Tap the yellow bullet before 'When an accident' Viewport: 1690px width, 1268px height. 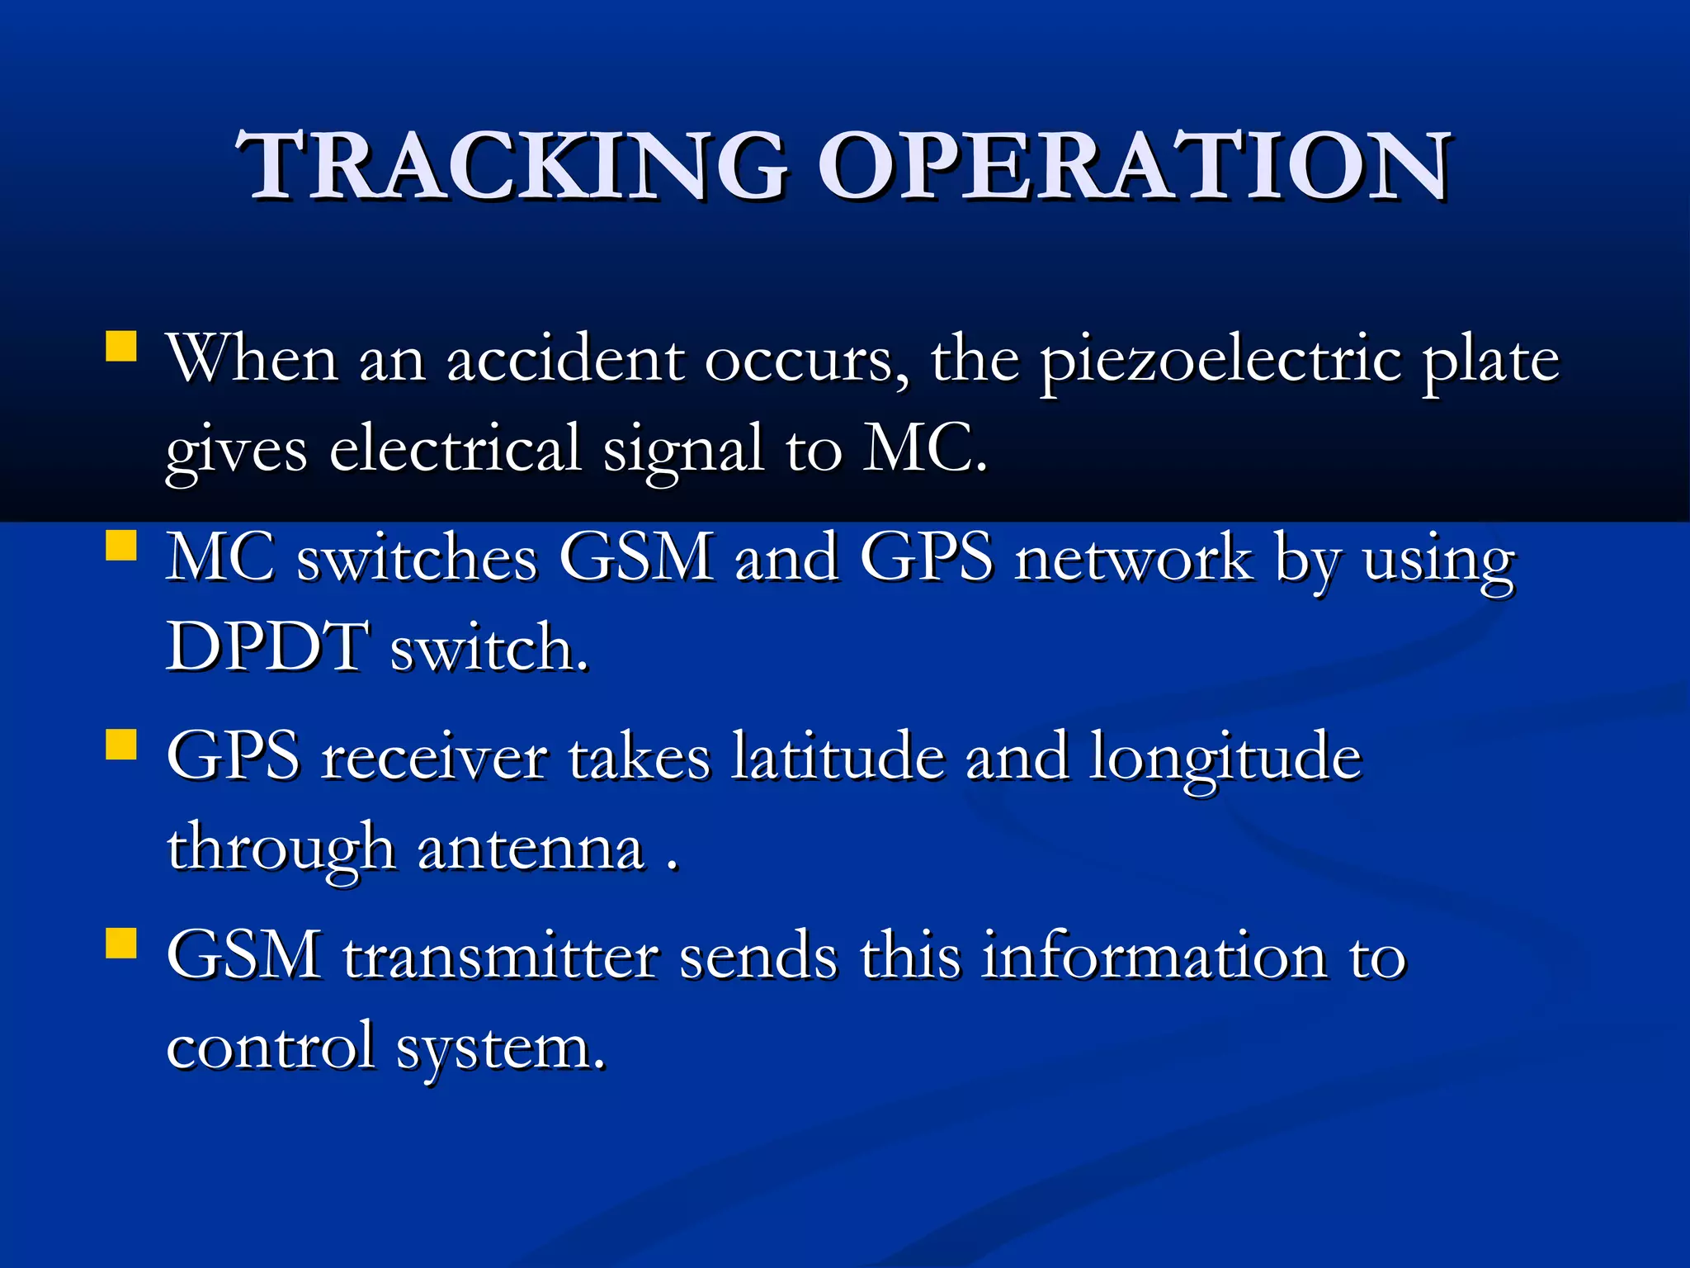tap(121, 347)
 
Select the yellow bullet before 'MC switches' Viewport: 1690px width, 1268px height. tap(121, 546)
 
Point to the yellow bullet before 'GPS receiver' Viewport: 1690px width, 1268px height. tap(121, 744)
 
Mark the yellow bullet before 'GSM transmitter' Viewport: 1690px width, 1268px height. tap(121, 942)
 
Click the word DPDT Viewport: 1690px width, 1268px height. tap(266, 647)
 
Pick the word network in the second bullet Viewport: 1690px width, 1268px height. tap(1134, 559)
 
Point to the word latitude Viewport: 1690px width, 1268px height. tap(838, 757)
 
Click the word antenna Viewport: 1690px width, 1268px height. tap(531, 849)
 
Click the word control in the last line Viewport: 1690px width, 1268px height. tap(271, 1047)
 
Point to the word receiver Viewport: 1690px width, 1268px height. tap(434, 758)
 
